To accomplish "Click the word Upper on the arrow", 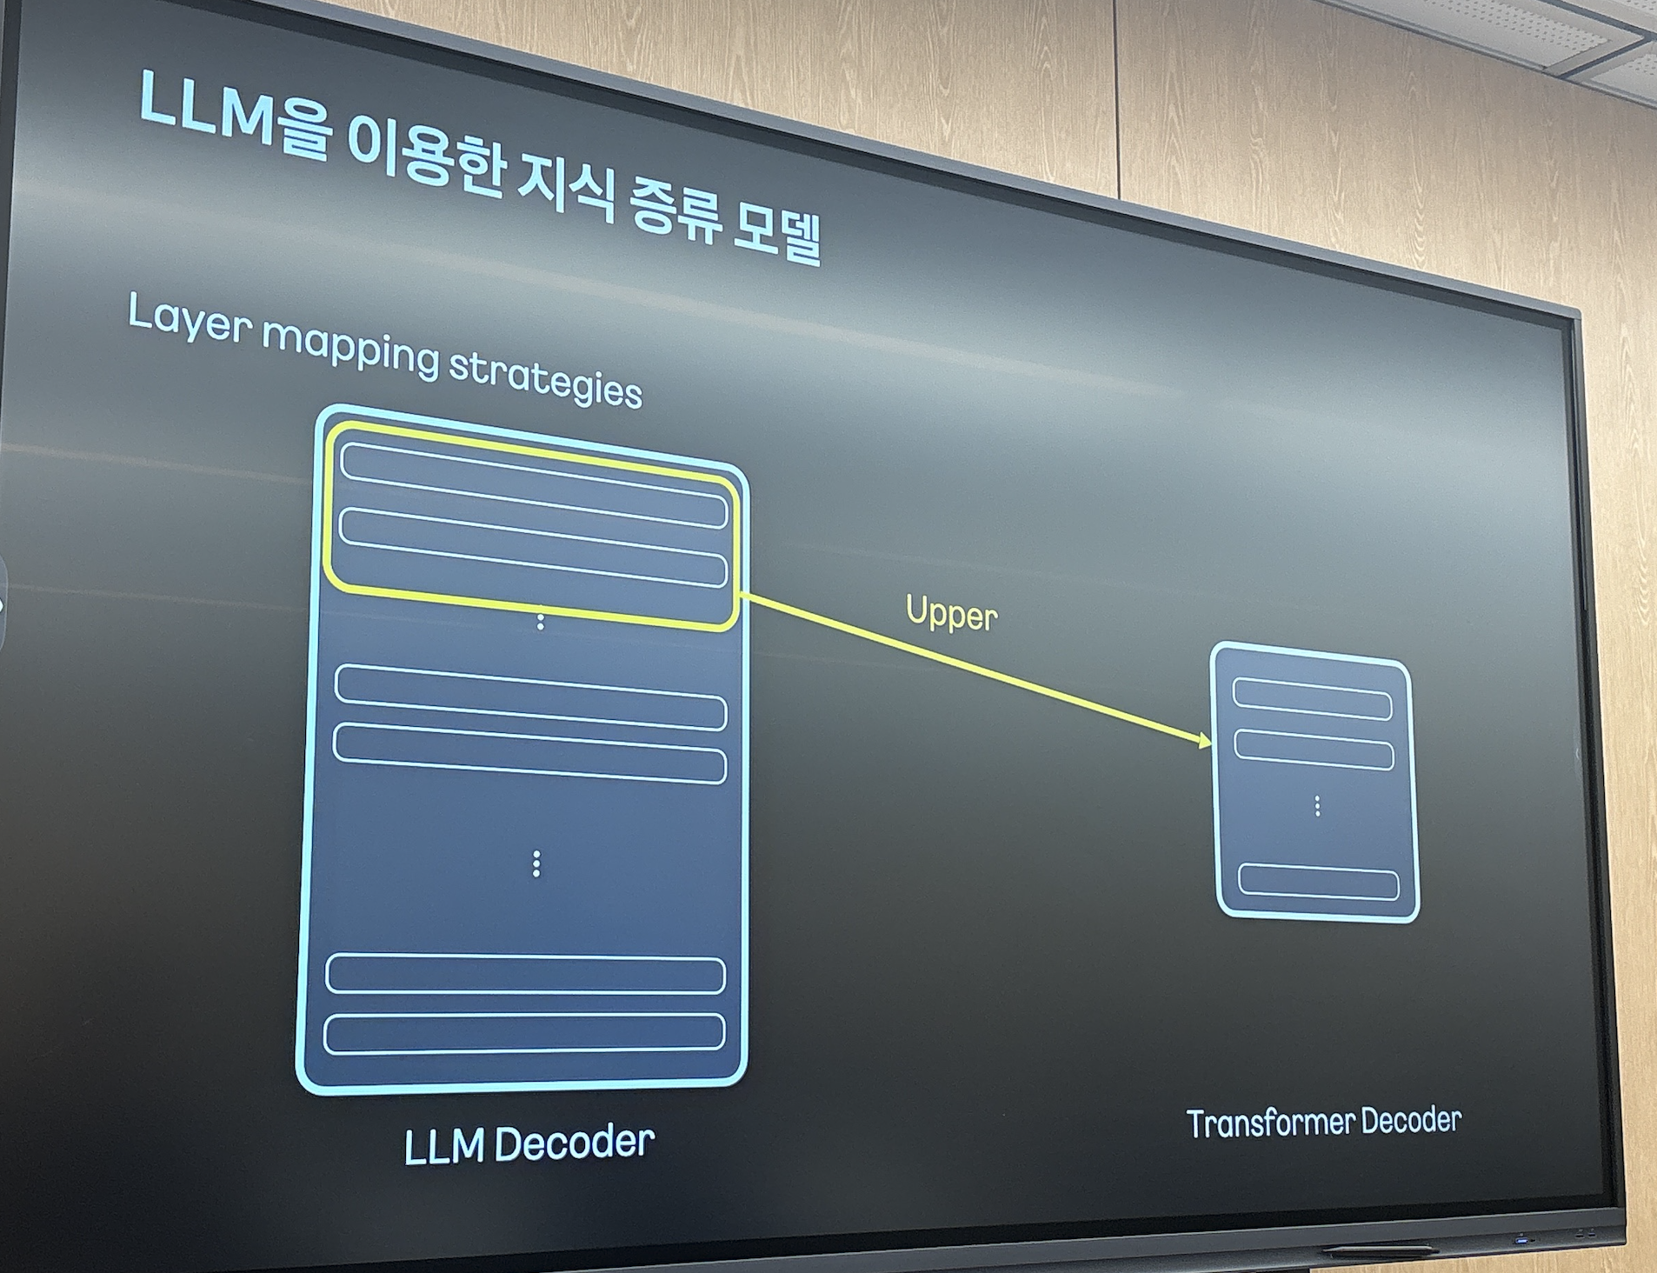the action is click(951, 614).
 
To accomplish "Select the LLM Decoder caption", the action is click(529, 1143).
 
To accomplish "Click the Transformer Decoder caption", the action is click(1323, 1122).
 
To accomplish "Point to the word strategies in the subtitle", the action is click(545, 378).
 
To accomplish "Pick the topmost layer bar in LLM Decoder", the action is click(534, 484).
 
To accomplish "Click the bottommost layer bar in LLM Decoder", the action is click(524, 1033).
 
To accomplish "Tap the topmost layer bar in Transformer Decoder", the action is click(1312, 698).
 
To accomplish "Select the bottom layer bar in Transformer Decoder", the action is click(1318, 882).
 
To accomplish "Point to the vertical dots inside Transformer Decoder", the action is click(1317, 806).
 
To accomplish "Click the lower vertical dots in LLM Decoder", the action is click(536, 863).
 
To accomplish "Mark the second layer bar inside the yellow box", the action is click(532, 549).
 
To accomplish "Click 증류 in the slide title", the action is click(674, 209).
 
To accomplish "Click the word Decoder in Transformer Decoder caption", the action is click(1410, 1121).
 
